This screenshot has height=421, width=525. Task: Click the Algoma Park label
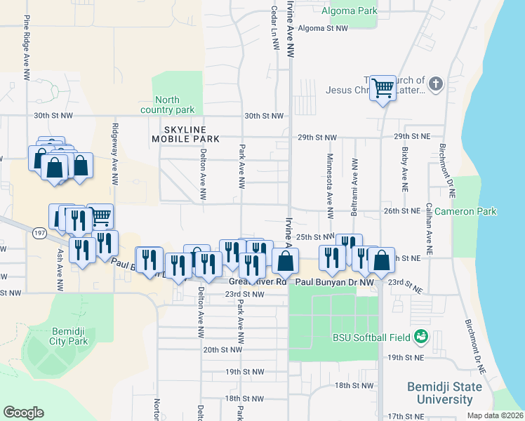point(349,11)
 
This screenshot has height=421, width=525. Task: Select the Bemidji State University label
point(445,393)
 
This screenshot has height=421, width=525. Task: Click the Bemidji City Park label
point(69,336)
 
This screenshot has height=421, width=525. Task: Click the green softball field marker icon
point(421,338)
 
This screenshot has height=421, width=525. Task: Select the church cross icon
point(435,85)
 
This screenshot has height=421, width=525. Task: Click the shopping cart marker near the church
point(383,88)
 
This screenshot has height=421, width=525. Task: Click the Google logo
point(23,413)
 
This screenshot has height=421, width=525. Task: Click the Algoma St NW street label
point(323,29)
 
